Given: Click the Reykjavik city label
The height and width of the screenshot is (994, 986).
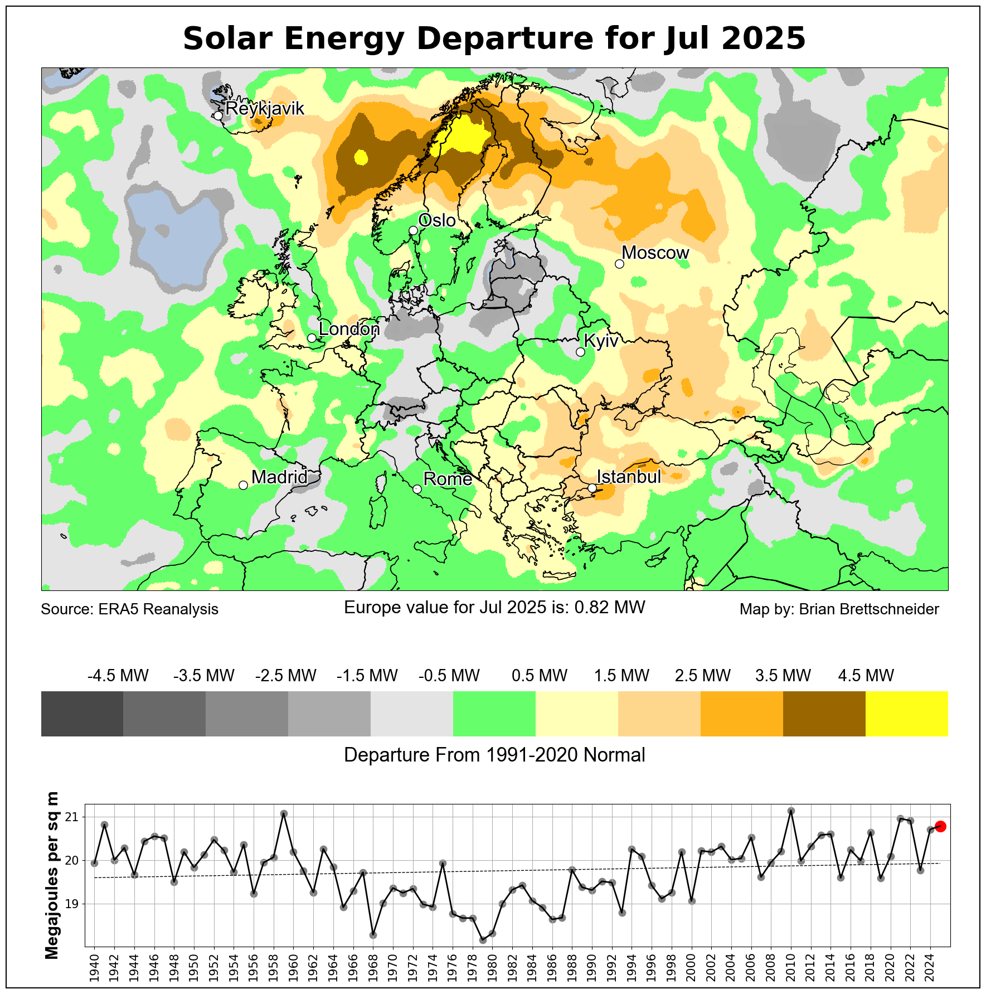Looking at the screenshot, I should (x=265, y=108).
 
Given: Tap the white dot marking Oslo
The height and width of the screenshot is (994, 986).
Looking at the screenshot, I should (x=413, y=230).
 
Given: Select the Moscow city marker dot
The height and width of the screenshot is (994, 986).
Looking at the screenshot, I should (x=619, y=264).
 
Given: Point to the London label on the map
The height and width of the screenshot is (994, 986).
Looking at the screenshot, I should (x=349, y=329).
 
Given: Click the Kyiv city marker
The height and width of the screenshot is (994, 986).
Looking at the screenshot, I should (x=580, y=352).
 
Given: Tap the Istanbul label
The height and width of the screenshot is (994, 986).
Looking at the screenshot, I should (x=629, y=477).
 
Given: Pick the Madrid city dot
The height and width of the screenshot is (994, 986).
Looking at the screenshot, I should (x=243, y=485).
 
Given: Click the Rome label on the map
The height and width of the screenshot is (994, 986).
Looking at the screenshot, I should (x=448, y=479).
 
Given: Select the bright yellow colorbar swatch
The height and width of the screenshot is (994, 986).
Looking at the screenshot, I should (x=907, y=714).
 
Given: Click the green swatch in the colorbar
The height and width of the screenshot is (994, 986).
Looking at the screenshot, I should (x=494, y=714).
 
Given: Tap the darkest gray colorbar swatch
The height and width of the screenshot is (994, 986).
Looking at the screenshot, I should (x=82, y=714).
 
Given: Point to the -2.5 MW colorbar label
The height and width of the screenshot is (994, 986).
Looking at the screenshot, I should (x=286, y=676).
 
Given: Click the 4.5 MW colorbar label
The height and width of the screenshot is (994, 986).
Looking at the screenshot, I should (x=866, y=676).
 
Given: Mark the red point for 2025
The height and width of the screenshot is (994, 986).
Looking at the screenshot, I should (x=940, y=826).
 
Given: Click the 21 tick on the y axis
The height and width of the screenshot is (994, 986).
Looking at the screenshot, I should (x=72, y=817).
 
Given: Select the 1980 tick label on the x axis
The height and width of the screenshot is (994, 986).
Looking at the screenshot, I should (x=492, y=967).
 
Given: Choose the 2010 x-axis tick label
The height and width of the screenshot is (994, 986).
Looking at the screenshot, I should (x=791, y=967).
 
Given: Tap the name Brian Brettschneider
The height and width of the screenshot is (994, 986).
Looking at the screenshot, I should (x=869, y=609).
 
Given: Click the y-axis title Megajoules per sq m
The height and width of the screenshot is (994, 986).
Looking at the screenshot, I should (x=52, y=875).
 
